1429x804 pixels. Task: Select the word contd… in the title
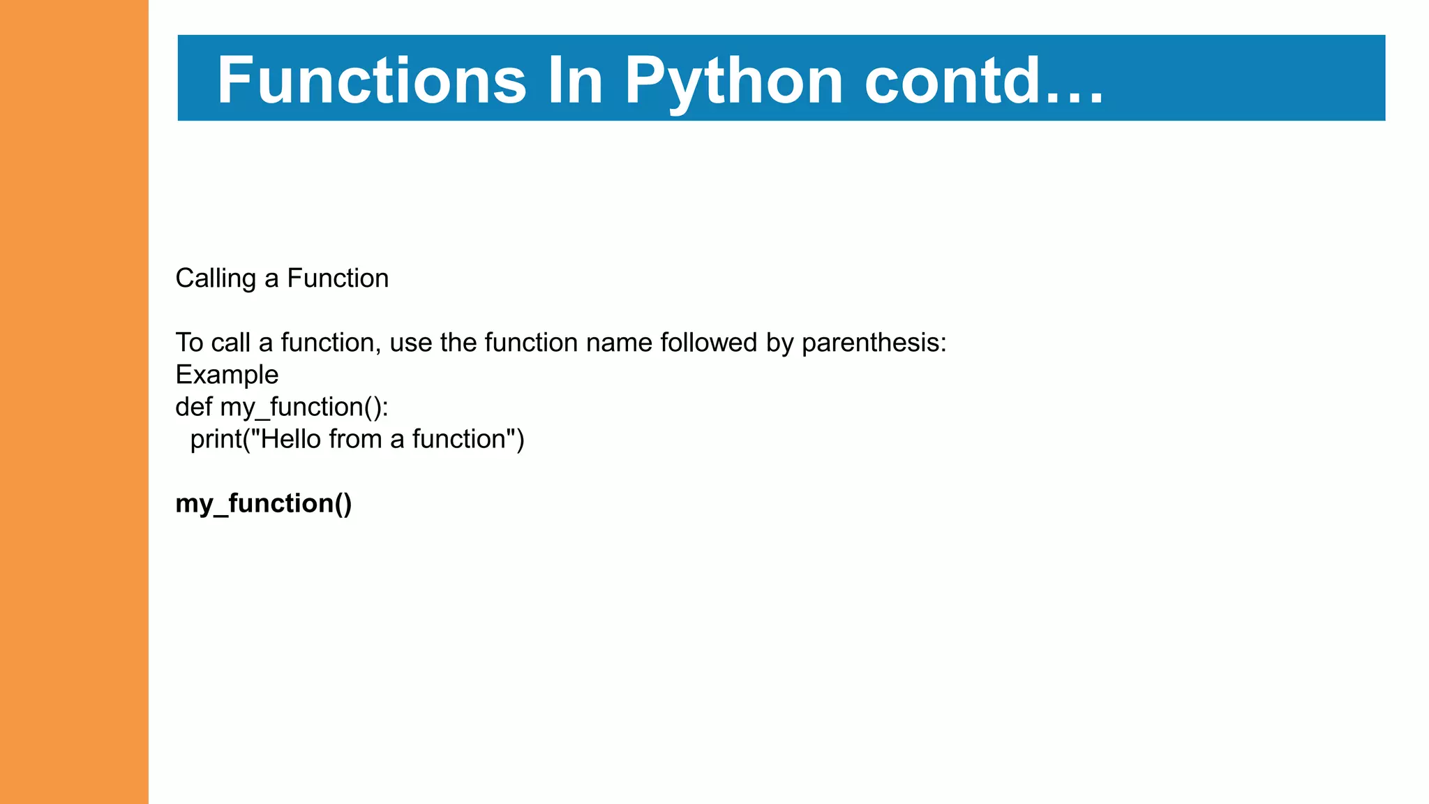[x=984, y=80]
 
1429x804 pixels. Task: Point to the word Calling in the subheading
[x=216, y=278]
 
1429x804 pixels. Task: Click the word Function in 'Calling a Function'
[x=338, y=278]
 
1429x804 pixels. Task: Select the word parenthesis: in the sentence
[x=874, y=343]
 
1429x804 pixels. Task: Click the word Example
[x=227, y=375]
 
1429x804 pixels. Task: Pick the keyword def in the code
[x=193, y=407]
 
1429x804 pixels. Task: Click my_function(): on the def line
[x=304, y=407]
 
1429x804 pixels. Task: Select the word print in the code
[x=216, y=439]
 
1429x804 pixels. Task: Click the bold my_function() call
[x=264, y=503]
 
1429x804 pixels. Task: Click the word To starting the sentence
[x=189, y=343]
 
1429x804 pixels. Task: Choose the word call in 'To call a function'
[x=230, y=343]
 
